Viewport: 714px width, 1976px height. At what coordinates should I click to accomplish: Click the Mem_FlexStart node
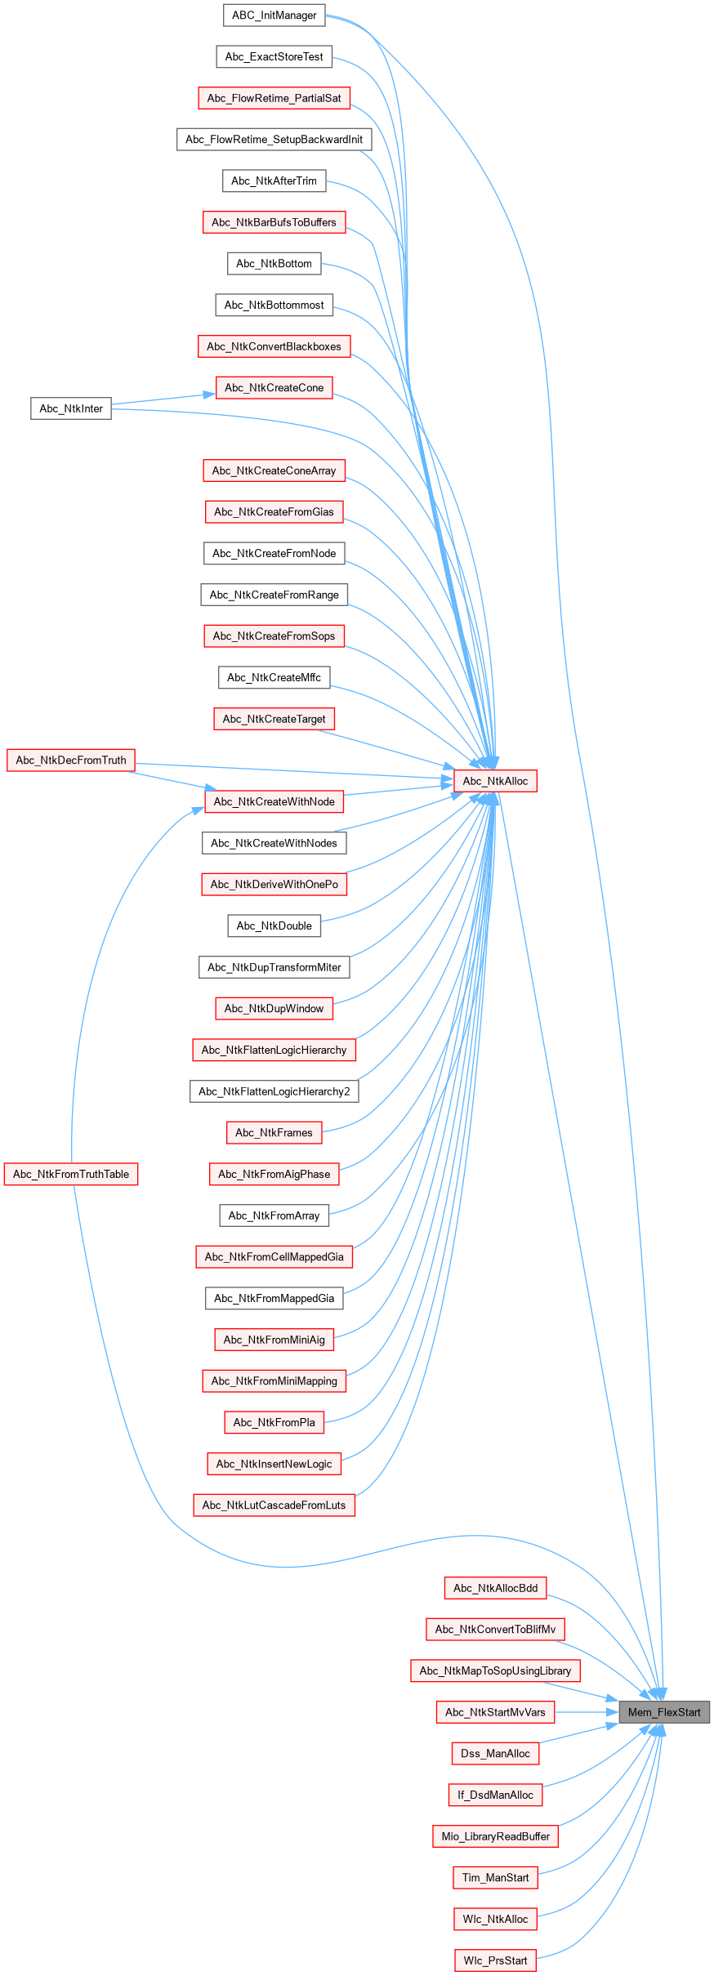pyautogui.click(x=664, y=1712)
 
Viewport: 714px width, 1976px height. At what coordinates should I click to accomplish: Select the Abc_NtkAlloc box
pyautogui.click(x=495, y=781)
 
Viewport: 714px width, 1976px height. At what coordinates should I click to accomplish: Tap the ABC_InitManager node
pyautogui.click(x=274, y=16)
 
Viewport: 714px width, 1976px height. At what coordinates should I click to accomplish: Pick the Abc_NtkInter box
pyautogui.click(x=71, y=408)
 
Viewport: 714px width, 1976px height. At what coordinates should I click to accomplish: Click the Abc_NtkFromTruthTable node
pyautogui.click(x=71, y=1174)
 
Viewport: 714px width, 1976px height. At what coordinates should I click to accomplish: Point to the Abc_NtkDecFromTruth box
pyautogui.click(x=71, y=761)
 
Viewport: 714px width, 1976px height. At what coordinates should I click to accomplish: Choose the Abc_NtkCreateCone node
pyautogui.click(x=274, y=388)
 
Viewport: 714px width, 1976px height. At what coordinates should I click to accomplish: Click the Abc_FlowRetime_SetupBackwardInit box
pyautogui.click(x=274, y=140)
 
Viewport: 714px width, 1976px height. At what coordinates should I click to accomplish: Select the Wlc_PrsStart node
pyautogui.click(x=495, y=1960)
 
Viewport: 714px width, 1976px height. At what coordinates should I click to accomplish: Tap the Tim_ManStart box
pyautogui.click(x=495, y=1877)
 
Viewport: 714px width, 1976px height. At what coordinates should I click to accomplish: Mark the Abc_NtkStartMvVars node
pyautogui.click(x=495, y=1712)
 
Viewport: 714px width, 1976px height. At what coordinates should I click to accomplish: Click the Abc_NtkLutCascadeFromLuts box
pyautogui.click(x=274, y=1505)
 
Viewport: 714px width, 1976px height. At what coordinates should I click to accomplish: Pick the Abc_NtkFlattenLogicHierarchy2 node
pyautogui.click(x=274, y=1091)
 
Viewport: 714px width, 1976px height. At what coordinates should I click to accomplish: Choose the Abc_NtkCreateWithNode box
pyautogui.click(x=274, y=801)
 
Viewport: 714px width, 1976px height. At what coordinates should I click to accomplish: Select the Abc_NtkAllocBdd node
pyautogui.click(x=495, y=1588)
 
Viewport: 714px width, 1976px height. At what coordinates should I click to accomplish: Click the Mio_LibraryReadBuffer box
pyautogui.click(x=495, y=1836)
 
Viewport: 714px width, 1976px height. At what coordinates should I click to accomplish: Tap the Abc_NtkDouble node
pyautogui.click(x=274, y=926)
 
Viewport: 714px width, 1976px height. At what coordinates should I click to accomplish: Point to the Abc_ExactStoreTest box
pyautogui.click(x=274, y=57)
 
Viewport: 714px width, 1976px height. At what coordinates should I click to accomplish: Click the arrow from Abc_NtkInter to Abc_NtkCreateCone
pyautogui.click(x=163, y=399)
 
